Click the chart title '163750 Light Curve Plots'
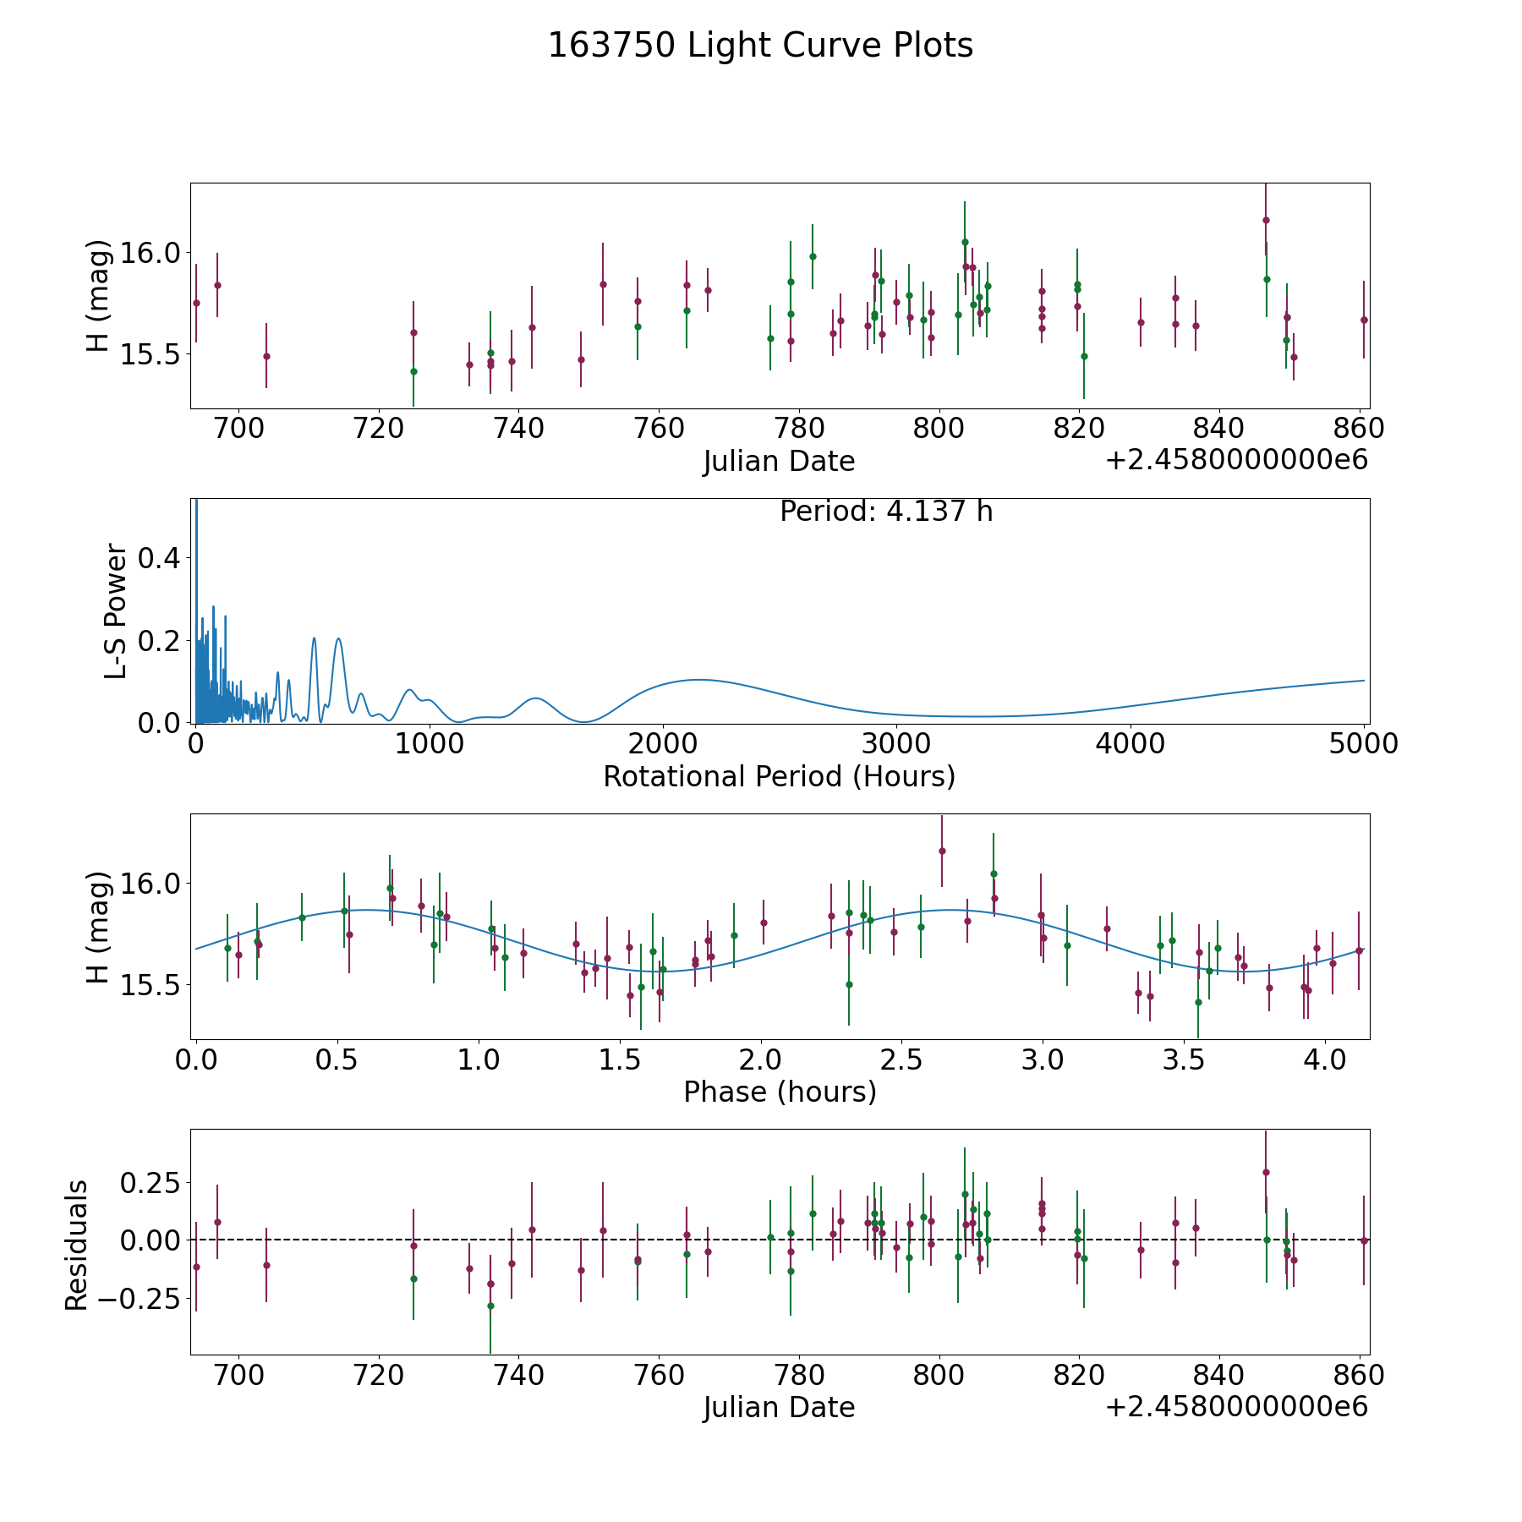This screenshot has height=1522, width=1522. point(760,46)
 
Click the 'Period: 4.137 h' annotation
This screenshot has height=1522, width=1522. point(886,512)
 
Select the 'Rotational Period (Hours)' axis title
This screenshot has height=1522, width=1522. point(779,776)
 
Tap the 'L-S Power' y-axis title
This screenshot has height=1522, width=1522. point(117,611)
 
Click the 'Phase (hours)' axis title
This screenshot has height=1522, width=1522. point(780,1092)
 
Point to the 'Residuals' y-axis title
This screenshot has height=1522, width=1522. point(77,1246)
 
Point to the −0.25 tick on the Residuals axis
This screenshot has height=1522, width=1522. point(144,1298)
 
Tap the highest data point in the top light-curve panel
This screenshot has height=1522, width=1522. point(1266,220)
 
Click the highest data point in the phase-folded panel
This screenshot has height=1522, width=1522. point(942,851)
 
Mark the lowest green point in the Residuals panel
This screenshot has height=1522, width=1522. point(490,1306)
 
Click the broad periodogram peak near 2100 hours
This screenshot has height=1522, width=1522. point(698,679)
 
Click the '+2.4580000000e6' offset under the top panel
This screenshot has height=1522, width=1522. point(1236,461)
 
